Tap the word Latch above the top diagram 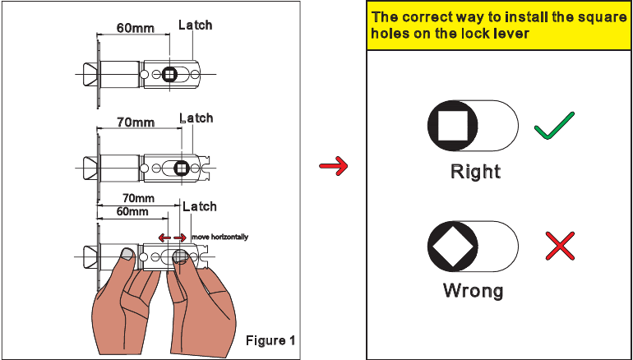pos(195,25)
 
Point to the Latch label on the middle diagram pos(196,118)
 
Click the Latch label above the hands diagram pos(199,206)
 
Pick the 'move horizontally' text pos(219,237)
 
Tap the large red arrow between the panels pos(333,168)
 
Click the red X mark pos(560,246)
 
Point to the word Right pos(475,172)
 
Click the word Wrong pos(473,290)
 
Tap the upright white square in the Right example pos(453,127)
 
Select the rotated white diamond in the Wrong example pos(453,246)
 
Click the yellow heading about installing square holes pos(499,25)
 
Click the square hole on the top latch pos(169,75)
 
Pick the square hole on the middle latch pos(182,168)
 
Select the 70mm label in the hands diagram pos(137,198)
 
